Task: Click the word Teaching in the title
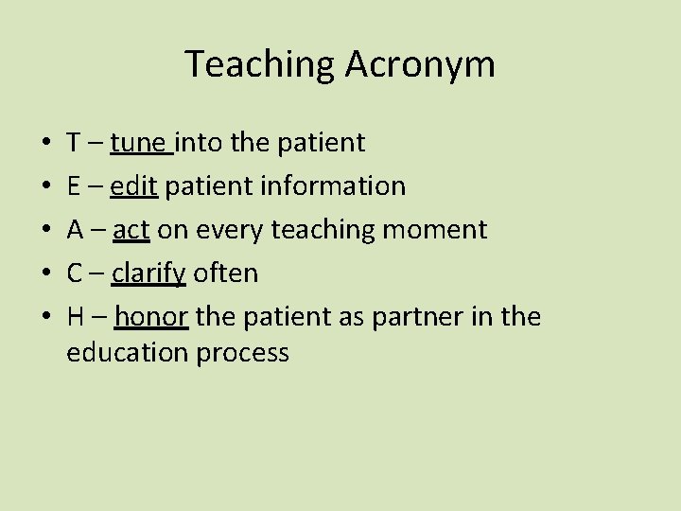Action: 256,64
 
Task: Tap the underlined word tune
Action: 139,143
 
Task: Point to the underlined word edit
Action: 134,186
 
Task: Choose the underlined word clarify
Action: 148,273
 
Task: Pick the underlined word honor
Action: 151,317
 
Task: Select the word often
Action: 224,273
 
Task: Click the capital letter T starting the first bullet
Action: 73,143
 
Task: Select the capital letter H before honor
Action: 75,317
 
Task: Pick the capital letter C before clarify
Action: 74,273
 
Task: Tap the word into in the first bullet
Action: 193,143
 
